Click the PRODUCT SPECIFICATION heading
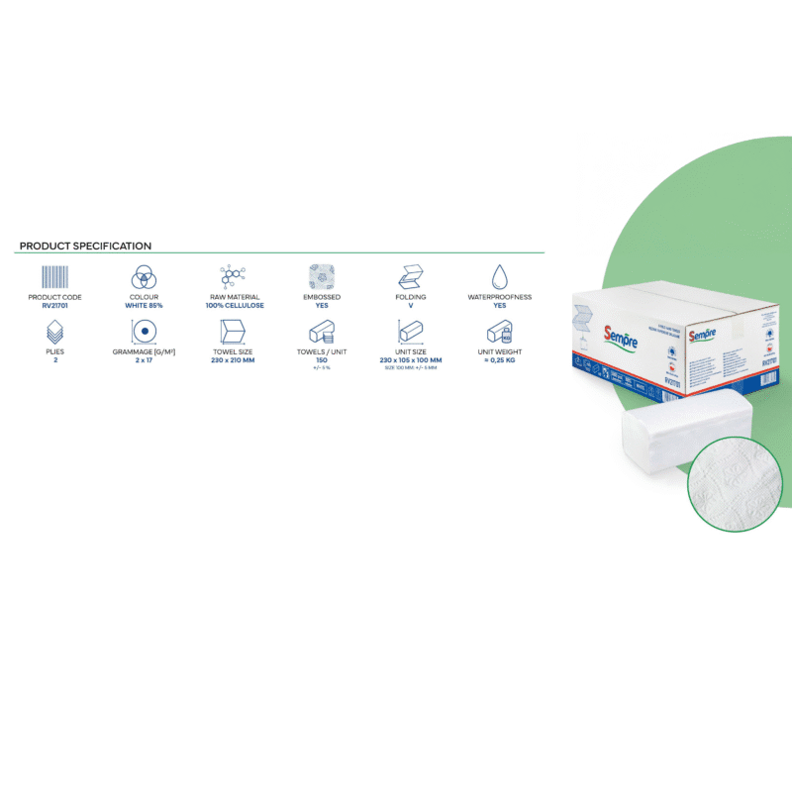(85, 246)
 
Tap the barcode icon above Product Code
(55, 275)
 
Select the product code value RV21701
(55, 306)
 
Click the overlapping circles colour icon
(146, 276)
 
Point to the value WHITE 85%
(146, 306)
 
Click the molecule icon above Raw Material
(236, 276)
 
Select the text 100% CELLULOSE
(236, 306)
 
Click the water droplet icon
(500, 275)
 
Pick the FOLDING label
(411, 297)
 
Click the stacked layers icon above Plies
(55, 331)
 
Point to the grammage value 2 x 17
(146, 360)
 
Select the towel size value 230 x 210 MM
(236, 360)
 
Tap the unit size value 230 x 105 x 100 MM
(411, 360)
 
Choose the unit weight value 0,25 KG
(500, 360)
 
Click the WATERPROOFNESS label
(500, 297)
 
